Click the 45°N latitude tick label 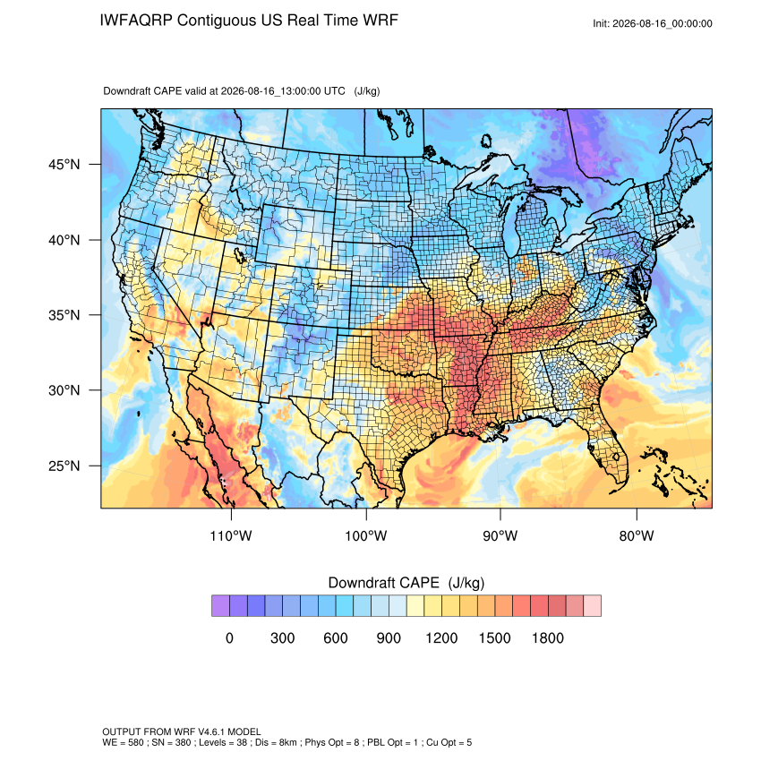tap(64, 165)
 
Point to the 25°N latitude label tap(64, 466)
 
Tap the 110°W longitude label tap(231, 535)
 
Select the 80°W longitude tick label tap(637, 535)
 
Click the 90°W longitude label tap(500, 535)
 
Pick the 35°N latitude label tap(64, 315)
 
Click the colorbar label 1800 tap(547, 637)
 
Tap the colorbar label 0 tap(229, 637)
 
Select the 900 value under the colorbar tap(389, 637)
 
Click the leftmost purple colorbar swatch tap(220, 606)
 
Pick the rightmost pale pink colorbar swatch tap(592, 606)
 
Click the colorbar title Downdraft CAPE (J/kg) tap(406, 583)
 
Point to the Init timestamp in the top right tap(653, 24)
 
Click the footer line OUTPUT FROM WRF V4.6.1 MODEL tap(182, 731)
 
